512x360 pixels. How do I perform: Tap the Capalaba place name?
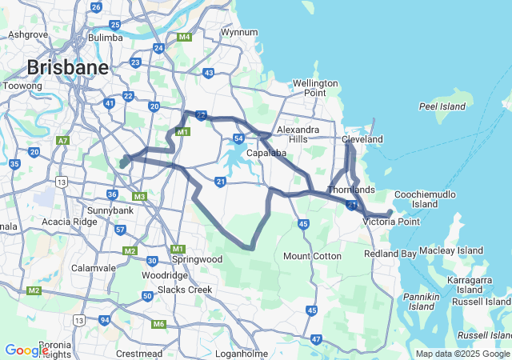(266, 153)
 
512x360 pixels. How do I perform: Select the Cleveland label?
(362, 139)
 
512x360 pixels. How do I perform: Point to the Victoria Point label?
(391, 221)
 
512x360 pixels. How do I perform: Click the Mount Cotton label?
(313, 256)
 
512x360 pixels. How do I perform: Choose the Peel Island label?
(442, 106)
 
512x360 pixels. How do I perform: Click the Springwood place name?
(198, 259)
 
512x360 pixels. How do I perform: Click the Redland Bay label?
(390, 254)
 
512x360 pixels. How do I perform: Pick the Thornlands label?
(350, 190)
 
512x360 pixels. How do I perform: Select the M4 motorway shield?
(185, 38)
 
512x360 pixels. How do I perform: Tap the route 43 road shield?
(209, 73)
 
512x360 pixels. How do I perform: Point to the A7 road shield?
(62, 141)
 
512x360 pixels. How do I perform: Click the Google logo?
(26, 350)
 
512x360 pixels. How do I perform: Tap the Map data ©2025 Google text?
(462, 354)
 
